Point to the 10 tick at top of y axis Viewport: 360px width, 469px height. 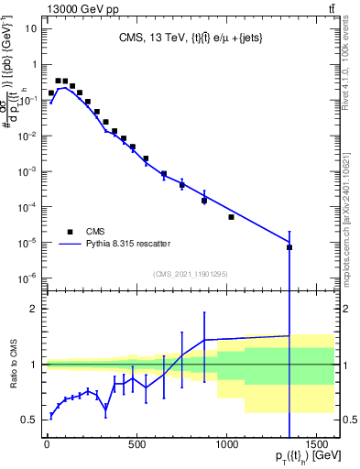coord(30,28)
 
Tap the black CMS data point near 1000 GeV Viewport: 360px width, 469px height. coord(231,217)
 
